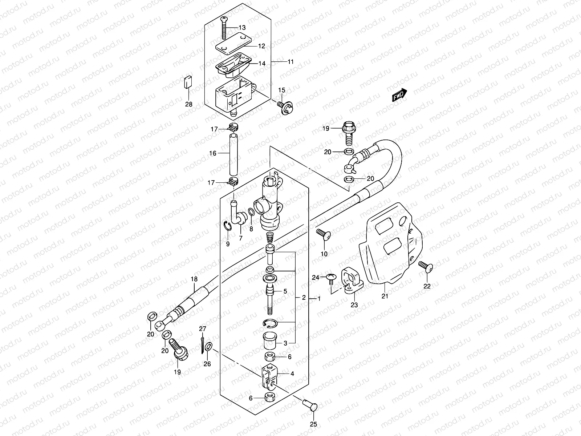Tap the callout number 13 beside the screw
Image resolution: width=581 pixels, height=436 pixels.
coord(242,28)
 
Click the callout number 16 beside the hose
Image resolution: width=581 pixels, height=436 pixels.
coord(212,153)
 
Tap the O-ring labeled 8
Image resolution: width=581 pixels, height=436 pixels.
coord(251,213)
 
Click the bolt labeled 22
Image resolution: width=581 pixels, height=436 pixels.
coord(425,267)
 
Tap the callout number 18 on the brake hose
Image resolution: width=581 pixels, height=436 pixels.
coord(194,279)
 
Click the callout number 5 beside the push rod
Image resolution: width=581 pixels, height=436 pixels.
coord(285,291)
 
